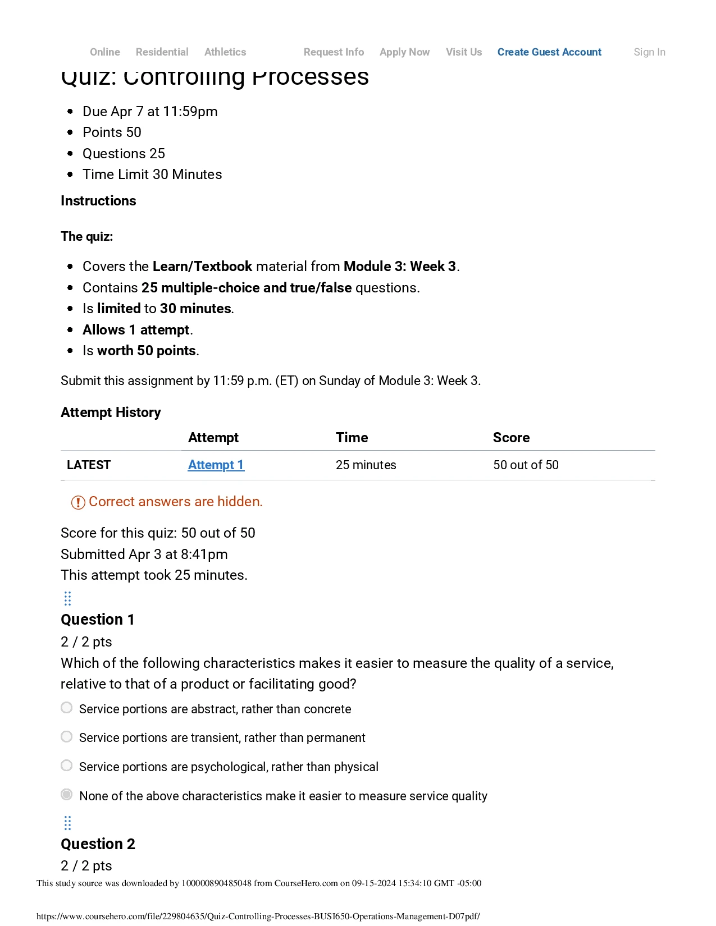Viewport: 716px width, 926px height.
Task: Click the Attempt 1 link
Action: pos(216,465)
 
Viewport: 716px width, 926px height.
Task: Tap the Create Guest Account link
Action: pos(549,52)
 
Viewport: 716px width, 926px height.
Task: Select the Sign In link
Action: pos(649,52)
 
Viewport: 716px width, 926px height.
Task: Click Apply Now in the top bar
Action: pos(404,52)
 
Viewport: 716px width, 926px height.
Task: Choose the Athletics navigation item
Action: pos(225,52)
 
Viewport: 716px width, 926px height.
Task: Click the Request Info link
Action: pos(334,52)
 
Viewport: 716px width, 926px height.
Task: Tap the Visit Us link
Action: pos(463,52)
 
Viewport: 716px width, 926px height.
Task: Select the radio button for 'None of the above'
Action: pos(67,794)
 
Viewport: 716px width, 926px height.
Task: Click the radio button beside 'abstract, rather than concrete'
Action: pos(67,708)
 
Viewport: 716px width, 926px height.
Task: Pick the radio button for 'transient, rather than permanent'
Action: pos(67,736)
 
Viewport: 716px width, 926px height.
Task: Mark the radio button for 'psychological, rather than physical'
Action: pos(67,765)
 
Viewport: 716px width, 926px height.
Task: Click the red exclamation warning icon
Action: pos(78,502)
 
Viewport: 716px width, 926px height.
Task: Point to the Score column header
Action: pos(511,438)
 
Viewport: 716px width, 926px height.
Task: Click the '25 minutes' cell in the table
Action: pos(366,465)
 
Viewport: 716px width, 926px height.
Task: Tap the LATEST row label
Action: pos(89,465)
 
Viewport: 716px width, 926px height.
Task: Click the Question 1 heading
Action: pos(98,620)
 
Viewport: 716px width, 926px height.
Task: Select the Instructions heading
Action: pos(98,201)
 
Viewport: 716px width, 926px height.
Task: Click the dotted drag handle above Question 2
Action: pos(68,823)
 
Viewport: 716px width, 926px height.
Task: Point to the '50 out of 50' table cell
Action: pos(526,465)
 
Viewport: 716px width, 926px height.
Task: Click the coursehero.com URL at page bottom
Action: pos(258,916)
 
